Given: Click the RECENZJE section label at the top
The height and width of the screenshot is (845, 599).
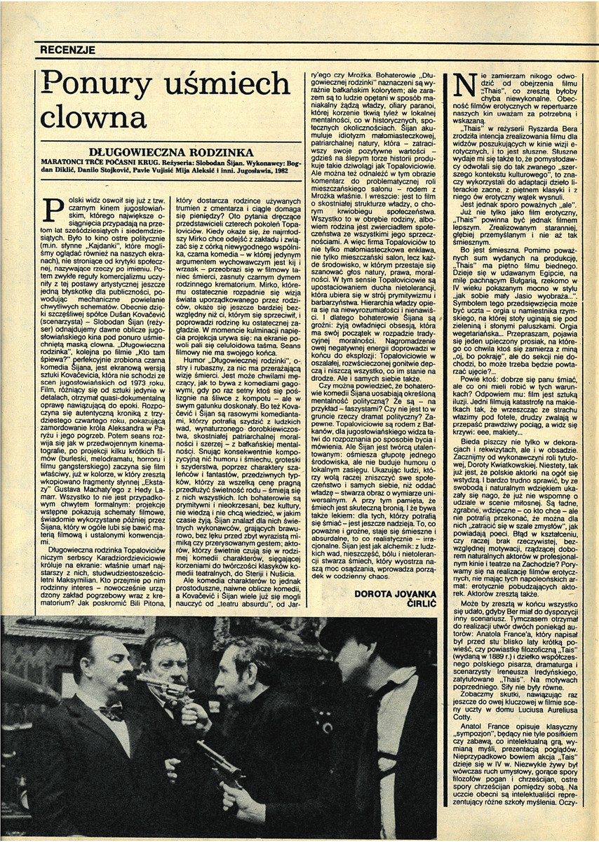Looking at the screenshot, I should pos(67,50).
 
